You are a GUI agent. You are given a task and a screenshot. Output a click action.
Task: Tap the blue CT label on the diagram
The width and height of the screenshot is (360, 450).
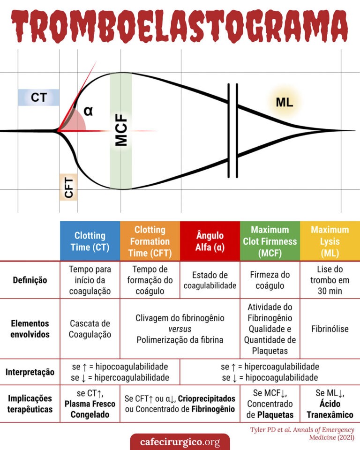tap(39, 97)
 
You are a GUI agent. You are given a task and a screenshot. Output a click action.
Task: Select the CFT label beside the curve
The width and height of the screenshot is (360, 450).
tap(68, 187)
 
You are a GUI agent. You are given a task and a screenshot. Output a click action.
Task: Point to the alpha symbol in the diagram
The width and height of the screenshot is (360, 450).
tap(88, 112)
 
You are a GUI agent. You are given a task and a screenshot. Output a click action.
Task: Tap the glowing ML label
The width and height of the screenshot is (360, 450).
tap(284, 103)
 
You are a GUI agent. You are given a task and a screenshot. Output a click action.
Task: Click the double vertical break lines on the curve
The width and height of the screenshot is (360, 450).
tap(232, 131)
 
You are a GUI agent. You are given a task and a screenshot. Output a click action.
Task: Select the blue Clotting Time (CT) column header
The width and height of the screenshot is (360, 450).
tap(90, 241)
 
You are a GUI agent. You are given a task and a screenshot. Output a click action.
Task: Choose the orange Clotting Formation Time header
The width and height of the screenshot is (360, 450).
tap(150, 241)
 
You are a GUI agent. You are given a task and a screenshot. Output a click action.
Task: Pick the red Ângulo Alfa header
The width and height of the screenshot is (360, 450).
tap(210, 241)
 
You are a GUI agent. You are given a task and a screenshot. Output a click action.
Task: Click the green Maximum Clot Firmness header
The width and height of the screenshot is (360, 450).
tap(270, 241)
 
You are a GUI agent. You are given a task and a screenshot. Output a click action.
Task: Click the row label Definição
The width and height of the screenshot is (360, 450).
tap(30, 280)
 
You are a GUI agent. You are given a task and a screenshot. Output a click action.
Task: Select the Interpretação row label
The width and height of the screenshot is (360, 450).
tap(30, 372)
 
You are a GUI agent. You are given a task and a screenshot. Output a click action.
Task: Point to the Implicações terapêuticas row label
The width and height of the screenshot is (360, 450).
tap(30, 404)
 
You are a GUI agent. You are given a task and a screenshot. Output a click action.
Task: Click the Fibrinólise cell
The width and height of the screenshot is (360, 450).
tap(330, 329)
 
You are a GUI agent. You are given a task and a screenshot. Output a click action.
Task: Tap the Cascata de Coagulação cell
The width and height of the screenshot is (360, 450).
tap(90, 329)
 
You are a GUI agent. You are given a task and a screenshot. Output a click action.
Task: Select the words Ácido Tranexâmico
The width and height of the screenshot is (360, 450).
tap(330, 409)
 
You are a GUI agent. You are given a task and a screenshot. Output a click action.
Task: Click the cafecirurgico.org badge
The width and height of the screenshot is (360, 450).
tap(180, 442)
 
